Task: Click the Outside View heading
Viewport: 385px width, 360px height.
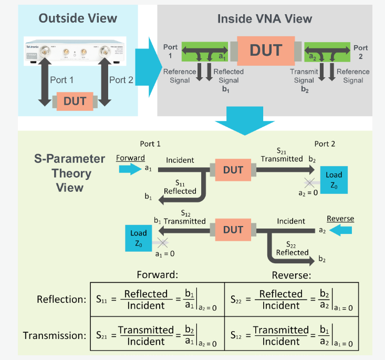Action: pyautogui.click(x=78, y=18)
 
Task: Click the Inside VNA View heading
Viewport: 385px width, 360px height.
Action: pyautogui.click(x=265, y=19)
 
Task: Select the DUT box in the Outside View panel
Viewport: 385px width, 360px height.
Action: pyautogui.click(x=75, y=100)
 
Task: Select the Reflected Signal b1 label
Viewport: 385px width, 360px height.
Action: pyautogui.click(x=226, y=80)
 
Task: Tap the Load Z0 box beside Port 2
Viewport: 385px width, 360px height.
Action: pyautogui.click(x=334, y=180)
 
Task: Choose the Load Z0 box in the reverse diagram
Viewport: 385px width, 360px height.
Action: pyautogui.click(x=139, y=238)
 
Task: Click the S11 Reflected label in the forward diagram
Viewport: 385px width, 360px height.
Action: pyautogui.click(x=180, y=187)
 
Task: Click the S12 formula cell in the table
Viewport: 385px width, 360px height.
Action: pyautogui.click(x=291, y=335)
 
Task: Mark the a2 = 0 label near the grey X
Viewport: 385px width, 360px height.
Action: pyautogui.click(x=307, y=193)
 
